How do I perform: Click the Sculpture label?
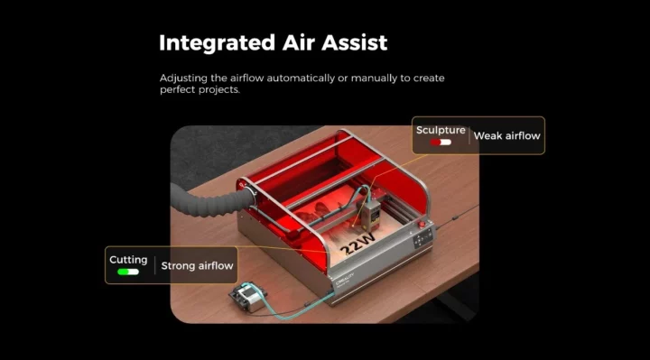click(x=441, y=130)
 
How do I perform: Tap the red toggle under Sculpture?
click(x=441, y=143)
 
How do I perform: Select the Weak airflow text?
click(x=506, y=136)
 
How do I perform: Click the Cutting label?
click(x=128, y=260)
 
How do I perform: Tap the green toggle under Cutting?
click(x=128, y=272)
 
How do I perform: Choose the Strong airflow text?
click(x=198, y=265)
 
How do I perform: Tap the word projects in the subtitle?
click(x=221, y=90)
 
